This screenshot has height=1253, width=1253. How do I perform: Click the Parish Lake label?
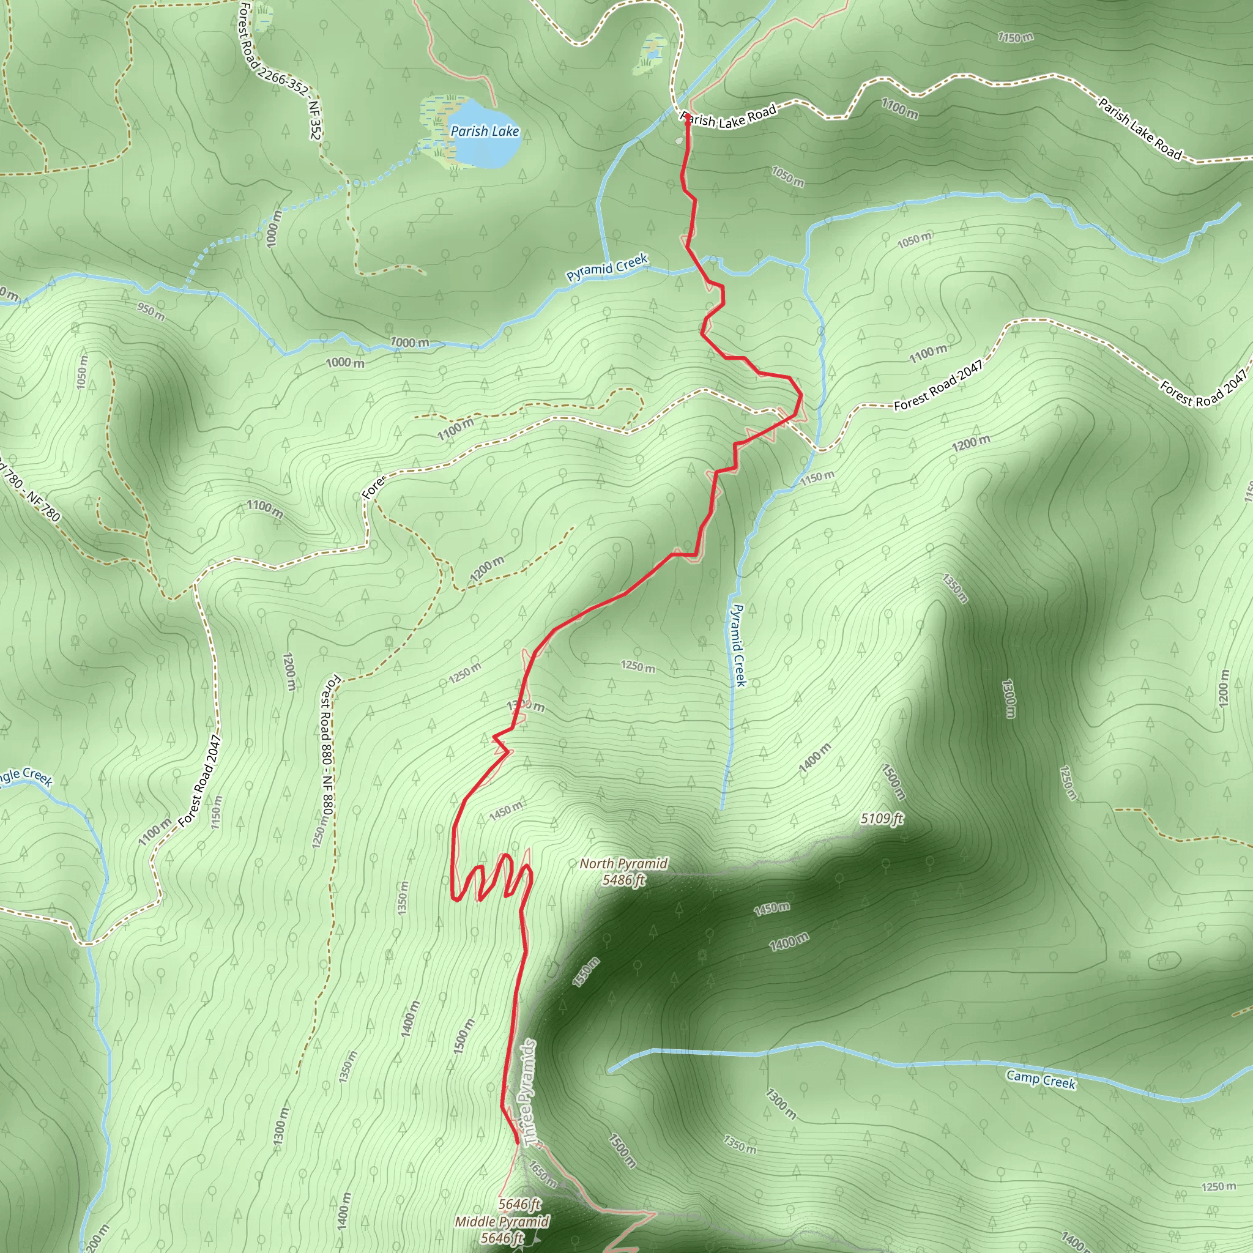[x=485, y=131]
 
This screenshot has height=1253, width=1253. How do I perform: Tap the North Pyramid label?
[x=623, y=863]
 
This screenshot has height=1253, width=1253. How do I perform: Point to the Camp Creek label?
[x=1041, y=1080]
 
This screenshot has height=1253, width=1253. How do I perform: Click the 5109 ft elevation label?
[x=882, y=819]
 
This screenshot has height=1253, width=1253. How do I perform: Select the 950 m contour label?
[x=151, y=311]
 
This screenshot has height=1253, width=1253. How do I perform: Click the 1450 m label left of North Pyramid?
[x=506, y=811]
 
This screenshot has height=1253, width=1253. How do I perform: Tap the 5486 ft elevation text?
[x=623, y=880]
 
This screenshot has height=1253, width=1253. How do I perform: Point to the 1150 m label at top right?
[x=1015, y=37]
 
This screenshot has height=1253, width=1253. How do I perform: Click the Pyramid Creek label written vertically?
[x=738, y=645]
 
